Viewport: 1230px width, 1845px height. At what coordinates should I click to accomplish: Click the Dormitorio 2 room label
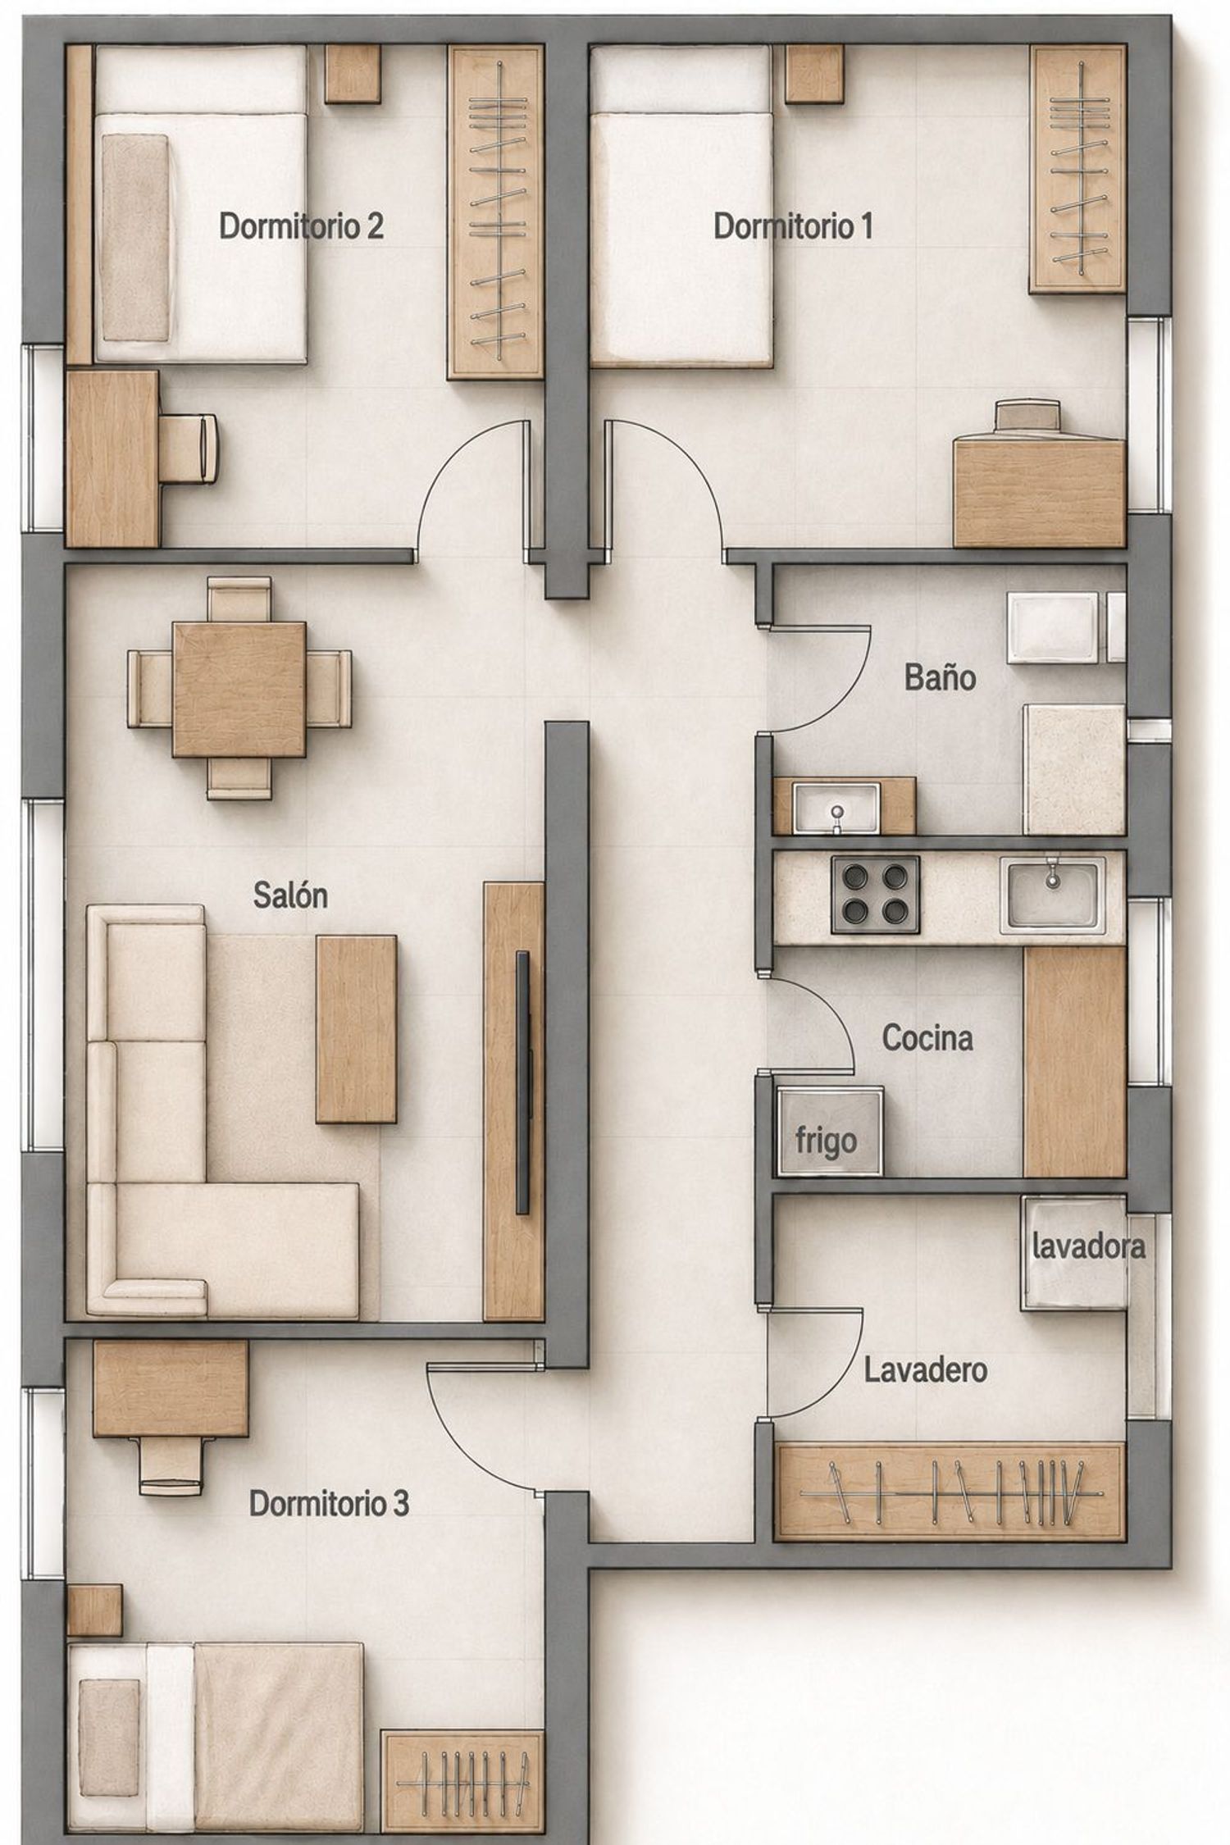point(301,225)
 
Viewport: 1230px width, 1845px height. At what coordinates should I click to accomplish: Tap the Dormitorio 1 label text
point(793,225)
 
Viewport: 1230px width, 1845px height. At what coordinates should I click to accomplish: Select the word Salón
point(290,895)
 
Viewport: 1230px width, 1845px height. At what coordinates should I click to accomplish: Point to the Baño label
point(940,677)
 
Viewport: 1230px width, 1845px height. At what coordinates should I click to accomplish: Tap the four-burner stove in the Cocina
point(875,895)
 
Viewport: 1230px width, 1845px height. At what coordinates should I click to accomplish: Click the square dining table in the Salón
point(239,689)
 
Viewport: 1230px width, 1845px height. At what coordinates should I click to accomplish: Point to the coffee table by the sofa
point(357,1029)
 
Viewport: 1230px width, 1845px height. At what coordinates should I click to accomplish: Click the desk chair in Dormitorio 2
point(190,448)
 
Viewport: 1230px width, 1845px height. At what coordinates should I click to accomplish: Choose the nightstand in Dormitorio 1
point(814,74)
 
